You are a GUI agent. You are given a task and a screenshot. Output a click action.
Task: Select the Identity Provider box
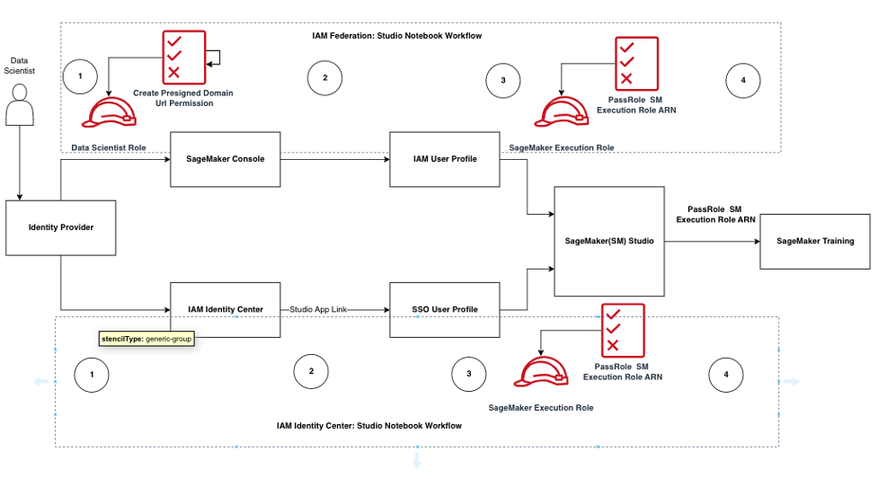pyautogui.click(x=60, y=227)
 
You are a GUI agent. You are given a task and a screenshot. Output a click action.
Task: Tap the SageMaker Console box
pyautogui.click(x=225, y=159)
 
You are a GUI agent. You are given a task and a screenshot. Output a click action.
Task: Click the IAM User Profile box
pyautogui.click(x=445, y=159)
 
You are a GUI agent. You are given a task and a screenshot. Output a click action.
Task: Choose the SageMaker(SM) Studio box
pyautogui.click(x=609, y=241)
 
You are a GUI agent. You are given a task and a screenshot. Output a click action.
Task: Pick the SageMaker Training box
pyautogui.click(x=815, y=241)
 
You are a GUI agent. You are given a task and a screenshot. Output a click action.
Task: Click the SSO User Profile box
pyautogui.click(x=445, y=309)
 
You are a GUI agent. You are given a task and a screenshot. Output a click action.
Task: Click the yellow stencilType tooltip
pyautogui.click(x=146, y=339)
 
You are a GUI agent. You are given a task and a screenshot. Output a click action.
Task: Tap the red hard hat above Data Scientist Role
pyautogui.click(x=109, y=111)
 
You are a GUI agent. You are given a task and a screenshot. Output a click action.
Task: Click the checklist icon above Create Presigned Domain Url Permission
pyautogui.click(x=182, y=57)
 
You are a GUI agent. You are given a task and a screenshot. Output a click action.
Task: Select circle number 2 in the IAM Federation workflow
pyautogui.click(x=324, y=78)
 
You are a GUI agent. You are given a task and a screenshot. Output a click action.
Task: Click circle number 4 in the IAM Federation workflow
pyautogui.click(x=742, y=81)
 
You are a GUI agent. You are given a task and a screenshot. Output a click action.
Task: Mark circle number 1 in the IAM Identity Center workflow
pyautogui.click(x=92, y=374)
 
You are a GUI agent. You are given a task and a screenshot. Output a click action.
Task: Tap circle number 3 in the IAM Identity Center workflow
pyautogui.click(x=468, y=375)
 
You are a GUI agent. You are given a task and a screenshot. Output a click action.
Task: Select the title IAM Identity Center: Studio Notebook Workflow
pyautogui.click(x=369, y=425)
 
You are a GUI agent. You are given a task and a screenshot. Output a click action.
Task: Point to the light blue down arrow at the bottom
pyautogui.click(x=416, y=460)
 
